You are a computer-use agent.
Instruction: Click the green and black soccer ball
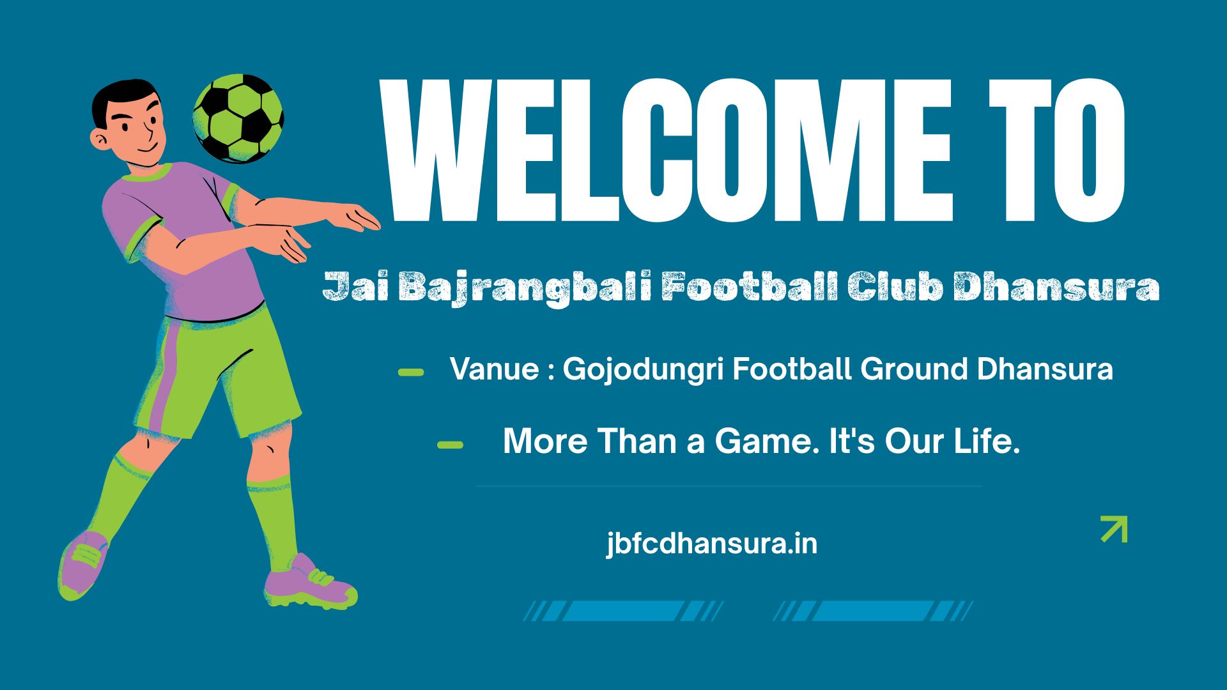pos(238,118)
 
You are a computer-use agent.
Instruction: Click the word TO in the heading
pos(1057,150)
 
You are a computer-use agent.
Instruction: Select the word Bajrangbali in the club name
pos(525,287)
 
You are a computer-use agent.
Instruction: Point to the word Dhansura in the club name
pos(1056,287)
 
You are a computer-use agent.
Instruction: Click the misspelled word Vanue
pos(494,369)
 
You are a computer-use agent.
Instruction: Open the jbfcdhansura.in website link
pos(712,544)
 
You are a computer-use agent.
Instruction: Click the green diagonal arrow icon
pos(1114,529)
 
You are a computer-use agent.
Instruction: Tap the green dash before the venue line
pos(411,372)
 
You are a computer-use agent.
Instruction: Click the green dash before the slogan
pos(450,445)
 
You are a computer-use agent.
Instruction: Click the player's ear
pos(100,139)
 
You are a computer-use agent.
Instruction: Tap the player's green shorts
pos(217,377)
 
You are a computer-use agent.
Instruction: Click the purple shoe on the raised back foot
pos(83,565)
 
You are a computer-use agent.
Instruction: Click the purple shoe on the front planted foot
pos(310,583)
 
